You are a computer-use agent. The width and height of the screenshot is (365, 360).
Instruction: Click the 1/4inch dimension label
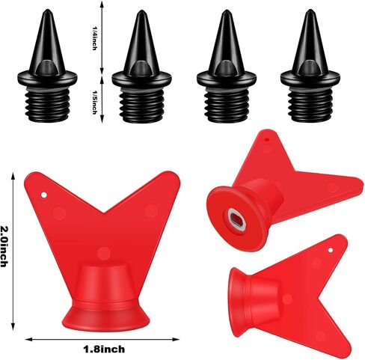pyautogui.click(x=94, y=38)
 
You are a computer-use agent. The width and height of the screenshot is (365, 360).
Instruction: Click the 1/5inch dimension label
pyautogui.click(x=94, y=102)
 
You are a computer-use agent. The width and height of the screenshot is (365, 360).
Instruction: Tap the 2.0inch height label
pyautogui.click(x=4, y=246)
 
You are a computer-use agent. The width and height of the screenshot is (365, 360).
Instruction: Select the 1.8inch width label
pyautogui.click(x=104, y=349)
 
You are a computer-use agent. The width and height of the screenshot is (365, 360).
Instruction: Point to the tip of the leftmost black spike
pyautogui.click(x=47, y=10)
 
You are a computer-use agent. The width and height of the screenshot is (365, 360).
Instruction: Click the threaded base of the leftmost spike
pyautogui.click(x=47, y=105)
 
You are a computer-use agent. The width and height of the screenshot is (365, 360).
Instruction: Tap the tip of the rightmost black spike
pyautogui.click(x=310, y=10)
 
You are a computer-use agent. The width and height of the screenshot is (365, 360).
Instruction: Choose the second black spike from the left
pyautogui.click(x=142, y=67)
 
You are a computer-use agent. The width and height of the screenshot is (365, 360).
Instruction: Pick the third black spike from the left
pyautogui.click(x=227, y=67)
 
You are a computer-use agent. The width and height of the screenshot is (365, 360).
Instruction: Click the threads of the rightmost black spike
pyautogui.click(x=310, y=105)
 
